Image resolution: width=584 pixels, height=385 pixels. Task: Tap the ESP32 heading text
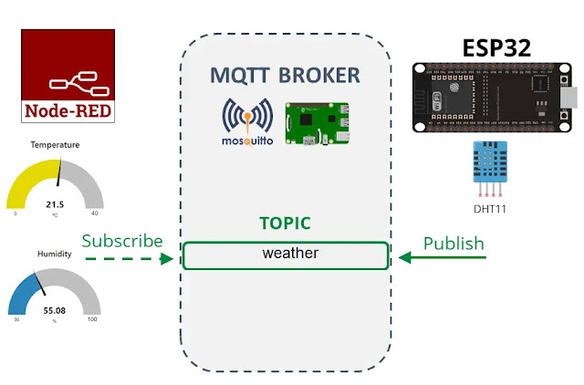click(x=496, y=47)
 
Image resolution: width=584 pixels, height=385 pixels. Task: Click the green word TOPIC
click(x=285, y=223)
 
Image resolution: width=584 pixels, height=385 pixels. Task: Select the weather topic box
click(x=285, y=255)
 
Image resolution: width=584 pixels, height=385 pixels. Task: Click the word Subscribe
click(x=122, y=241)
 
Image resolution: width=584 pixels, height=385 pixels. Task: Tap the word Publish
click(x=454, y=244)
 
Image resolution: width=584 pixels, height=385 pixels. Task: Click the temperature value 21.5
click(x=55, y=204)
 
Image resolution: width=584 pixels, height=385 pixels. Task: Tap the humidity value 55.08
click(x=55, y=310)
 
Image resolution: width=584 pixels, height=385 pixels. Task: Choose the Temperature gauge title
click(x=55, y=144)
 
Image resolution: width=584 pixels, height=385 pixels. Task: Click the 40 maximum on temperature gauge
click(x=94, y=214)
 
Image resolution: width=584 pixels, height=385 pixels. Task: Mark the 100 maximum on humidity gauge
click(x=92, y=319)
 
